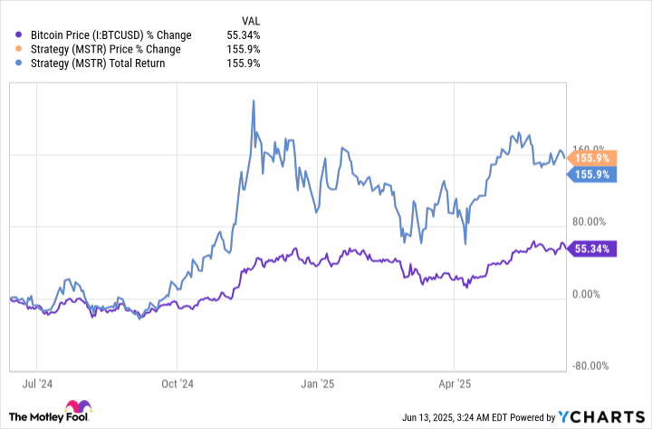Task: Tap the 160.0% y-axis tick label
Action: pyautogui.click(x=590, y=149)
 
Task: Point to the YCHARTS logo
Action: pyautogui.click(x=599, y=417)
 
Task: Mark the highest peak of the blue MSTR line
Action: pyautogui.click(x=254, y=101)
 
